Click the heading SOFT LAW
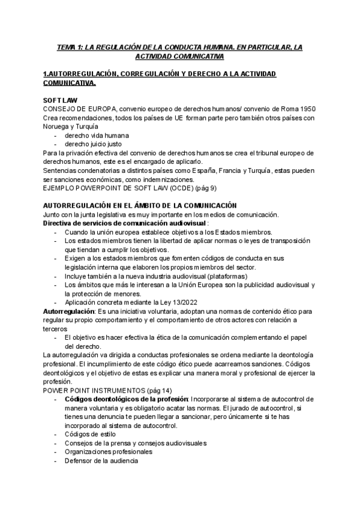61,100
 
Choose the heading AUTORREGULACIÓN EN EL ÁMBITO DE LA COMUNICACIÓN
140,206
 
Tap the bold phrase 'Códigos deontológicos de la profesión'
126,399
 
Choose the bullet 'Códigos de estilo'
90,434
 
